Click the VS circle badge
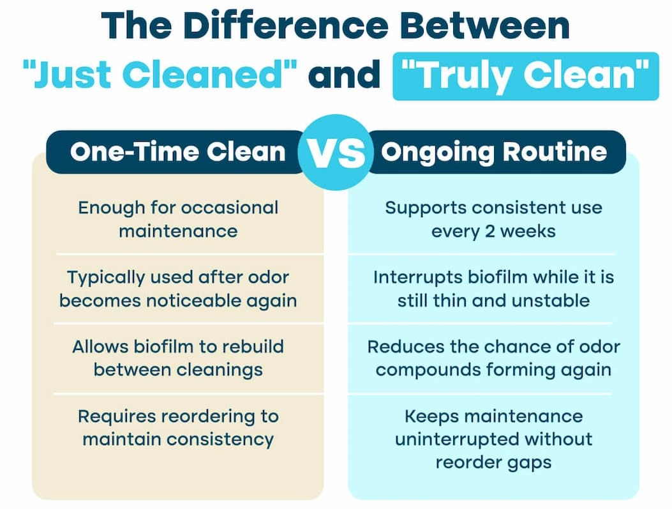pyautogui.click(x=334, y=152)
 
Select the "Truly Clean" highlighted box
pyautogui.click(x=525, y=77)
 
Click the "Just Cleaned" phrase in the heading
pyautogui.click(x=160, y=74)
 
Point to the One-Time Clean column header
pyautogui.click(x=177, y=152)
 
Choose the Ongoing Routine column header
pyautogui.click(x=494, y=152)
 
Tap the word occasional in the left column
pyautogui.click(x=230, y=208)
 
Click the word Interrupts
pyautogui.click(x=417, y=278)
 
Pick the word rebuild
pyautogui.click(x=253, y=347)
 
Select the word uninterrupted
pyautogui.click(x=457, y=439)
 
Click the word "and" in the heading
pyautogui.click(x=344, y=74)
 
